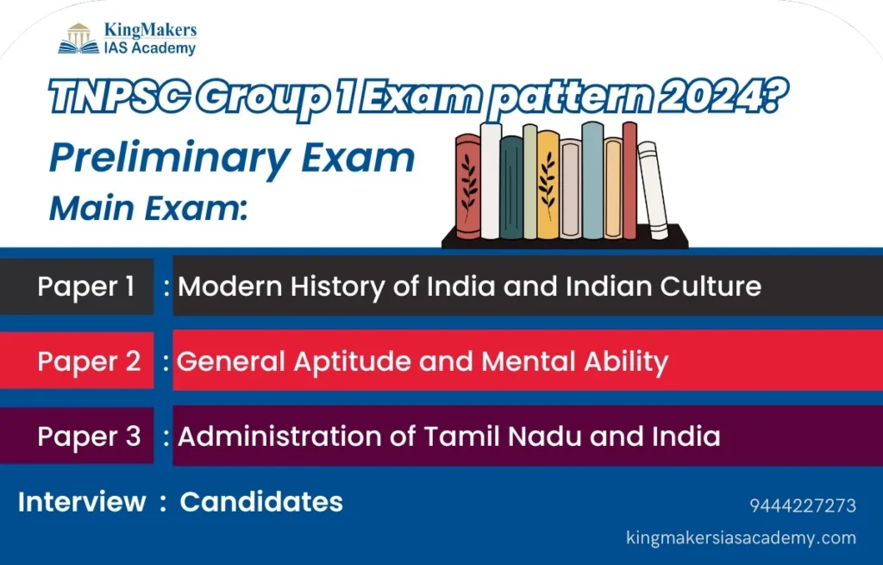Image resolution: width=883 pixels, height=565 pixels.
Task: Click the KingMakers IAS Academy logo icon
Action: pyautogui.click(x=78, y=38)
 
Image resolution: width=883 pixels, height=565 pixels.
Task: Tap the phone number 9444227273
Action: pyautogui.click(x=803, y=505)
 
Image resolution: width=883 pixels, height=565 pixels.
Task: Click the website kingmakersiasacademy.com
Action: pyautogui.click(x=741, y=537)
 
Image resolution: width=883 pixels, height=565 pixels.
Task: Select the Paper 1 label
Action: pyautogui.click(x=86, y=286)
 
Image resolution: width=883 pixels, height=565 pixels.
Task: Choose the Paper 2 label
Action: pyautogui.click(x=89, y=361)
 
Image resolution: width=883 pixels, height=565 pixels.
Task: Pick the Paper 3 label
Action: pyautogui.click(x=89, y=436)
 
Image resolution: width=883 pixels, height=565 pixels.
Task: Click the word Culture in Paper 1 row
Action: pyautogui.click(x=711, y=286)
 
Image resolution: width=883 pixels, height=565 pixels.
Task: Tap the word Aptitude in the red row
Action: pyautogui.click(x=353, y=361)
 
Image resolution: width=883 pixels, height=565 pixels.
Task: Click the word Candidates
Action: pyautogui.click(x=261, y=501)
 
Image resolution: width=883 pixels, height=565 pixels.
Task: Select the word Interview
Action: pyautogui.click(x=82, y=501)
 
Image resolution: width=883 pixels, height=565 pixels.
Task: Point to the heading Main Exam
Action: pyautogui.click(x=148, y=207)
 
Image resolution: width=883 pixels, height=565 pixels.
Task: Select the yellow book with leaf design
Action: pyautogui.click(x=548, y=185)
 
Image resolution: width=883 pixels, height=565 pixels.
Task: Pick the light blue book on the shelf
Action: pyautogui.click(x=592, y=180)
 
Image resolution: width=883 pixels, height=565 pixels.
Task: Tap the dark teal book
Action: pyautogui.click(x=511, y=187)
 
